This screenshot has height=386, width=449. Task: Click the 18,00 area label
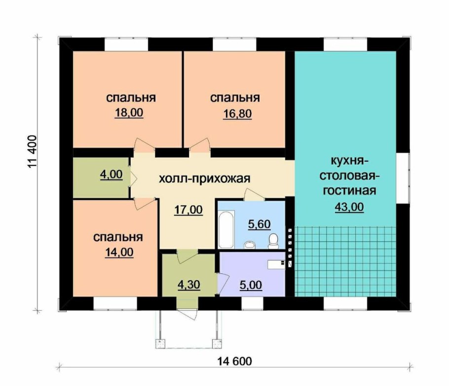click(129, 113)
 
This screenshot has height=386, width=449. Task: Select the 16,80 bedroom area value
click(237, 114)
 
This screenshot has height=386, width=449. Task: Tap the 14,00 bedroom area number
click(119, 253)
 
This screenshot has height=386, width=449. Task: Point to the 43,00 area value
click(349, 207)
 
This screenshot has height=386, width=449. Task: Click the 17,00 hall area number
click(188, 210)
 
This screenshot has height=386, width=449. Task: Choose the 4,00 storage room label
click(112, 174)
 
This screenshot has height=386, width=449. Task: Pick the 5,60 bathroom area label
click(259, 224)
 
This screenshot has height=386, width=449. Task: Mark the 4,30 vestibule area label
click(188, 285)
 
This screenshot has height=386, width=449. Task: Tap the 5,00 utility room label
click(251, 285)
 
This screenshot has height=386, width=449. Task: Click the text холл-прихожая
click(204, 178)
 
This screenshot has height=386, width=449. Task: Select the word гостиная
click(349, 190)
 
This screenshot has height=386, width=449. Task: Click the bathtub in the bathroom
click(226, 229)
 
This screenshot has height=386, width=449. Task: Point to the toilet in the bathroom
click(273, 241)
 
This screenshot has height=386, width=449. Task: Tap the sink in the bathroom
click(250, 245)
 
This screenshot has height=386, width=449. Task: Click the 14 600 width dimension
click(235, 361)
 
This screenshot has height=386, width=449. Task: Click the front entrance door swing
click(187, 313)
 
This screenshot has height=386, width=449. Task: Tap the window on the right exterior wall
click(404, 178)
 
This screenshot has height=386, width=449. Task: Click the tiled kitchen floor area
click(345, 261)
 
